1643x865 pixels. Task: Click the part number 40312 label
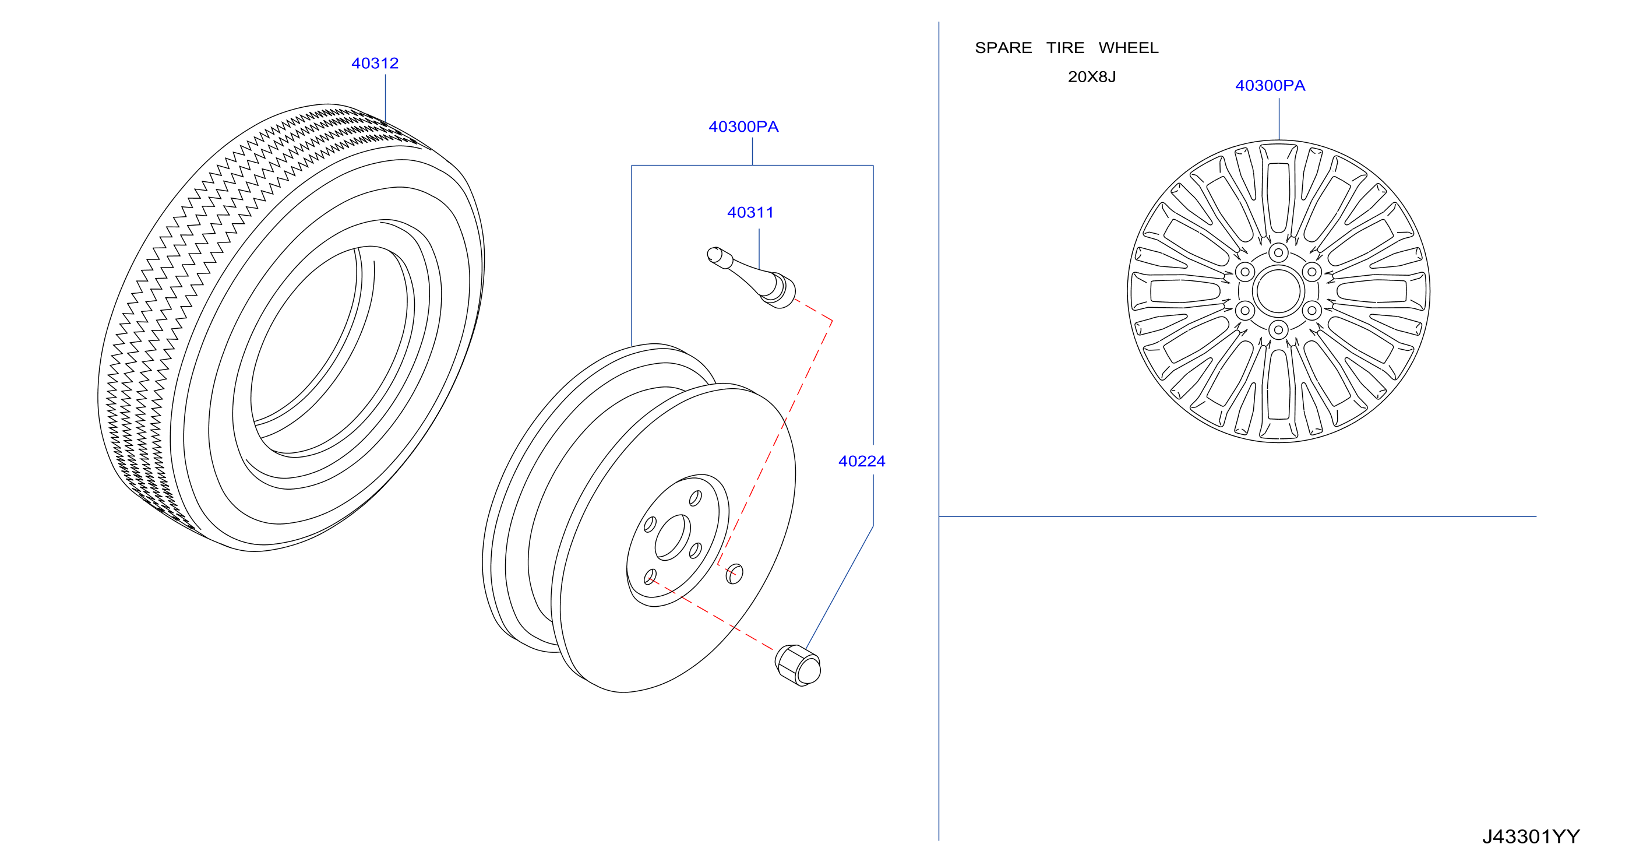pyautogui.click(x=375, y=64)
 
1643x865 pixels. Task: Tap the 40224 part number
pyautogui.click(x=862, y=461)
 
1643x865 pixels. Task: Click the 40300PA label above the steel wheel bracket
pyautogui.click(x=743, y=127)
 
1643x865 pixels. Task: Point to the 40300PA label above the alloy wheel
pyautogui.click(x=1271, y=86)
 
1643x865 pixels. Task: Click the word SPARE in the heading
pyautogui.click(x=1003, y=48)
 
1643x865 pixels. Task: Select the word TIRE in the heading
pyautogui.click(x=1065, y=48)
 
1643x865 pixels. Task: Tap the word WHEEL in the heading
pyautogui.click(x=1129, y=48)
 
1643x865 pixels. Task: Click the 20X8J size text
pyautogui.click(x=1092, y=77)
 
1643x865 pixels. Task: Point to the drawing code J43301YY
pyautogui.click(x=1531, y=836)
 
